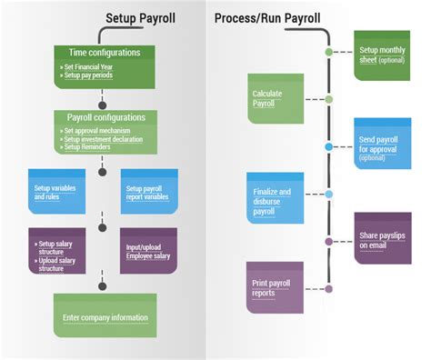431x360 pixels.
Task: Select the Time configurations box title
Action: pyautogui.click(x=104, y=53)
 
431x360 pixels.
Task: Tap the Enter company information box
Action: pyautogui.click(x=105, y=317)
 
